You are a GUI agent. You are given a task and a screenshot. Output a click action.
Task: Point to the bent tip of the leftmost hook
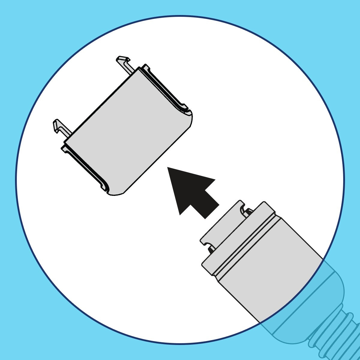[x=57, y=124]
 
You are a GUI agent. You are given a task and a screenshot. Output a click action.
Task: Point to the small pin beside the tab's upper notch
[x=248, y=213]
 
